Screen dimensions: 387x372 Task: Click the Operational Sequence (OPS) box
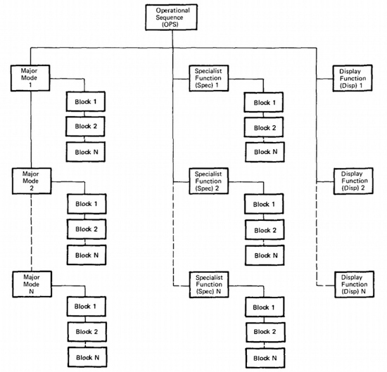171,18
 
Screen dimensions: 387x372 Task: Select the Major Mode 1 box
30,78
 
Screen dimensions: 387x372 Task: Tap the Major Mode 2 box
32,181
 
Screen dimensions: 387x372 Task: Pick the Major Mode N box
32,284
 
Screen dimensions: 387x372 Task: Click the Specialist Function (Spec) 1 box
209,78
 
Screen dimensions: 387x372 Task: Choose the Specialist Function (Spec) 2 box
209,181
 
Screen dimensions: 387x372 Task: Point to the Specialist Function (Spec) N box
209,284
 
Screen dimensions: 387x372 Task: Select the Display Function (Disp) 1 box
353,78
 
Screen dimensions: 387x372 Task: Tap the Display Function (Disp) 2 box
353,181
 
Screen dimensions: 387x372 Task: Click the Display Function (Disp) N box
355,284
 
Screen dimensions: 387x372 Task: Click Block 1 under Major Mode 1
86,102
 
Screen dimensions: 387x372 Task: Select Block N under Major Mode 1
86,152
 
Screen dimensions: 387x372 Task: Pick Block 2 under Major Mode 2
87,229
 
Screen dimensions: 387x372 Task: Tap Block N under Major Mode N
88,357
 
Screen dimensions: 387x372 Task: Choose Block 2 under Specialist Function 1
264,127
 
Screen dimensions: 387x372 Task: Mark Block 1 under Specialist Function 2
264,204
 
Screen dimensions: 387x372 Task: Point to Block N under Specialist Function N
265,358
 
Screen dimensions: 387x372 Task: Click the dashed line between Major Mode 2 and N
32,233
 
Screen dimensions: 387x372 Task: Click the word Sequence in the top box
170,18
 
